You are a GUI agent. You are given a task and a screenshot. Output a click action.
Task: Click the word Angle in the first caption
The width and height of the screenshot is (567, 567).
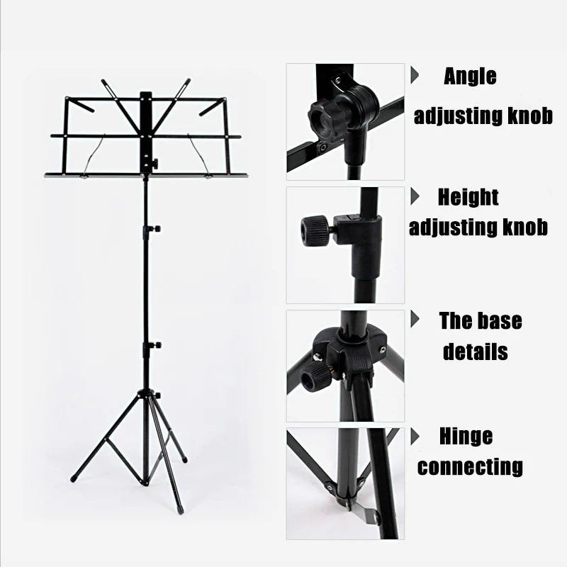point(470,77)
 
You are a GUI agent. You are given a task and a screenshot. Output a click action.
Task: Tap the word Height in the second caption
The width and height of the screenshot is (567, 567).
point(468,196)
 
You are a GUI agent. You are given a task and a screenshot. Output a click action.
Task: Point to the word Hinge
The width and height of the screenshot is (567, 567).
point(465,436)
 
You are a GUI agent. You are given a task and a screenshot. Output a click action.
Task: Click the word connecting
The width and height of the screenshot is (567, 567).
point(470,467)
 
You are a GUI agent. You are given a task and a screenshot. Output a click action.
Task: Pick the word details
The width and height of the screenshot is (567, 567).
point(475,352)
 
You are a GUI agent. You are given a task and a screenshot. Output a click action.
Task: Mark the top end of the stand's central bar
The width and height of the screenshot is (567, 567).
point(147,94)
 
